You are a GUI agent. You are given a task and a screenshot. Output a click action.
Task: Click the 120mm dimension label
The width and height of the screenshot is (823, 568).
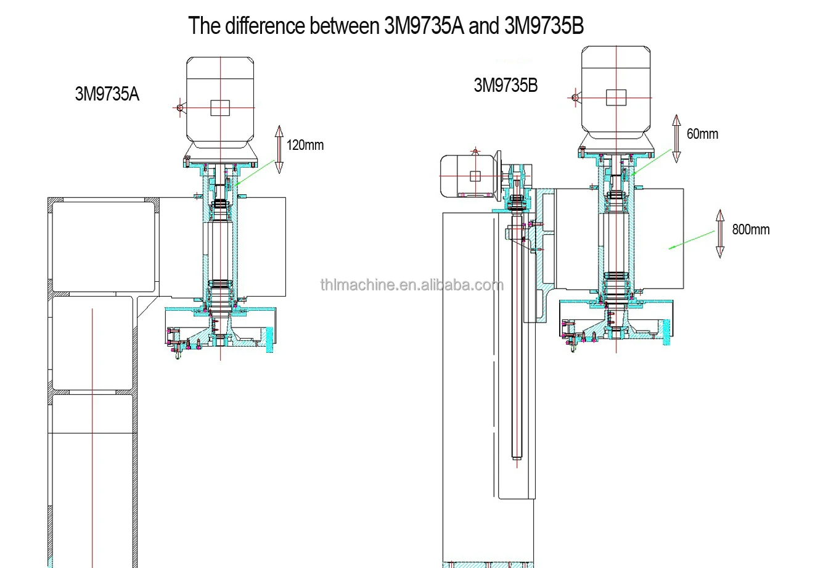coord(305,146)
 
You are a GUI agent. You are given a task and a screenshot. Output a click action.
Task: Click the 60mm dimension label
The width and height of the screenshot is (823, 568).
coord(702,134)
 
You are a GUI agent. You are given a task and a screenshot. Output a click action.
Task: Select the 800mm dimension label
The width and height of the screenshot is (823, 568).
coord(750,229)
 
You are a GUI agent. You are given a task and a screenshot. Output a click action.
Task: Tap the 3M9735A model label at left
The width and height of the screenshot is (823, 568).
coord(107,94)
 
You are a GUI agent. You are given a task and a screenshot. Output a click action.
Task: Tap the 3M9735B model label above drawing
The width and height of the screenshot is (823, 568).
coord(506,86)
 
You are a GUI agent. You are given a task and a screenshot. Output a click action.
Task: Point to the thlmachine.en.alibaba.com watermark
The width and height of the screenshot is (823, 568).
coord(411,284)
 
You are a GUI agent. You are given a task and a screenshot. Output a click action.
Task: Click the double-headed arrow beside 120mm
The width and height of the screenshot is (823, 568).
coord(279,149)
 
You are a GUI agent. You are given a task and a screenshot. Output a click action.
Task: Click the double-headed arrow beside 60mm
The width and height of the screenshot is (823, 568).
coord(676,138)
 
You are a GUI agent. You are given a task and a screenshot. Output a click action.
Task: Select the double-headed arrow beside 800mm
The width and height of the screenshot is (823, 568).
coord(719,233)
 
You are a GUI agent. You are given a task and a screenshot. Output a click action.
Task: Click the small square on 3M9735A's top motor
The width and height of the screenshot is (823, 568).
coord(220,107)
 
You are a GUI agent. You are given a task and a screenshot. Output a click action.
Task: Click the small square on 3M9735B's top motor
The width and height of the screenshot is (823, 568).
coord(616,97)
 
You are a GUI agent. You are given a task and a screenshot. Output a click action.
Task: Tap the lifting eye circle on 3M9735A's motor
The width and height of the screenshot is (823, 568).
coord(180,107)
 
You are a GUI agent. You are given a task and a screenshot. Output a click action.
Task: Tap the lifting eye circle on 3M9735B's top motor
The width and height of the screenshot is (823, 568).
coord(575,97)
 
